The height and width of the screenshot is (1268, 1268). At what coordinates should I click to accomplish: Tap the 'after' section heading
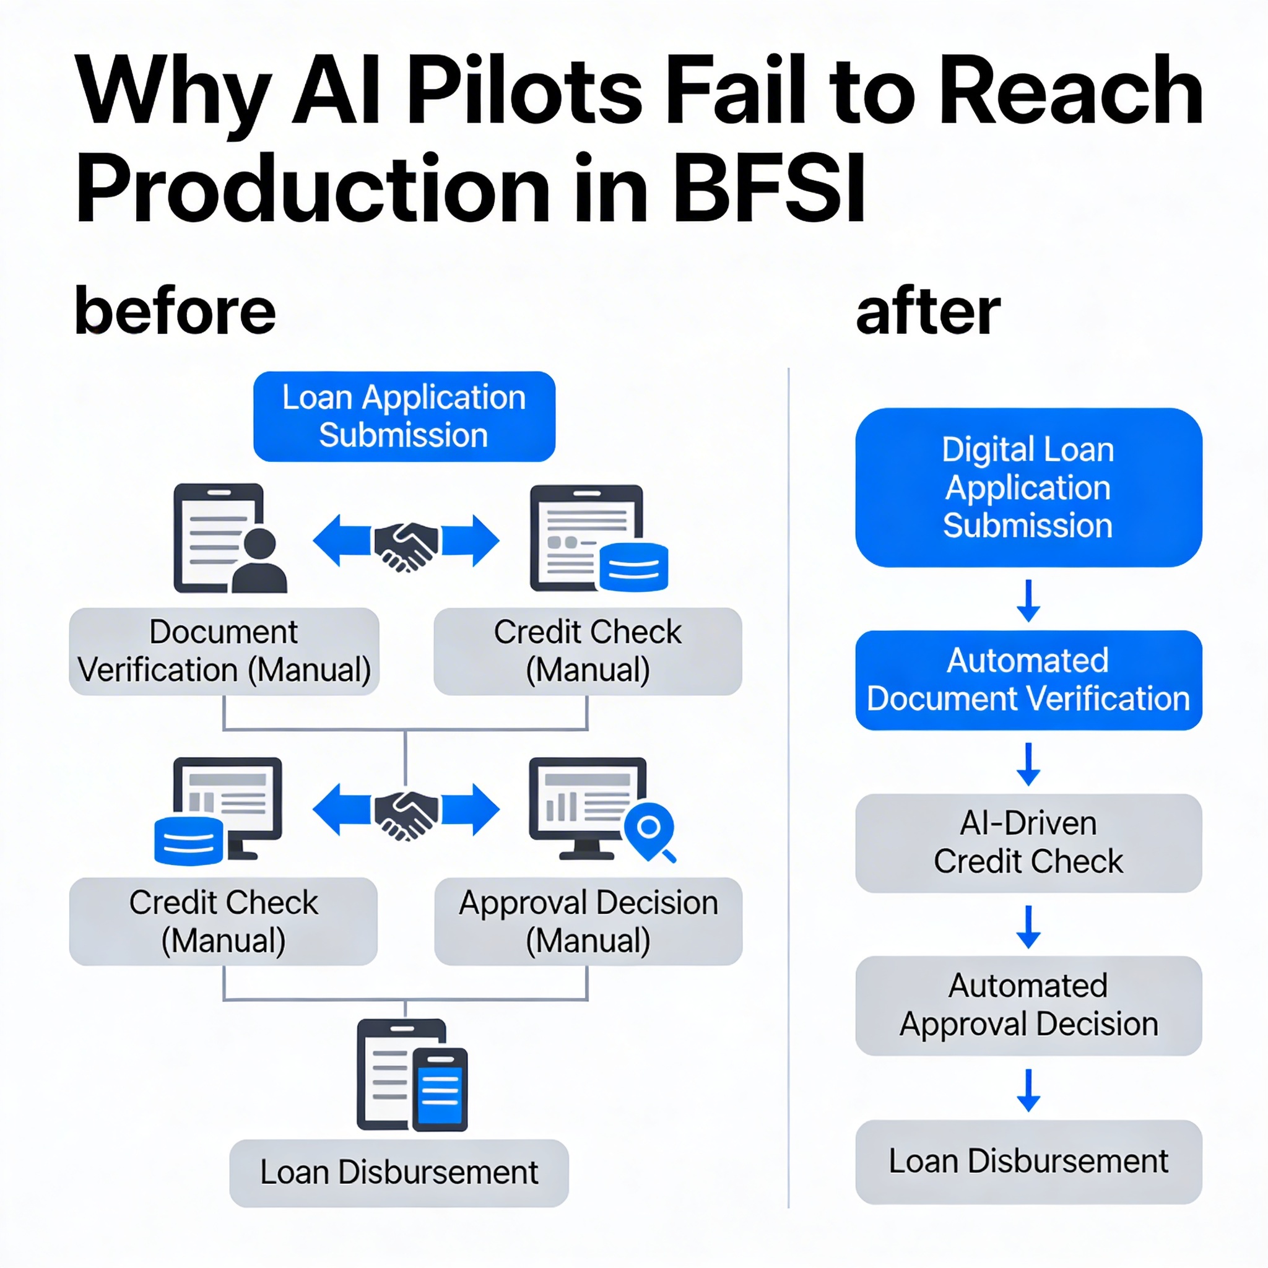pyautogui.click(x=927, y=313)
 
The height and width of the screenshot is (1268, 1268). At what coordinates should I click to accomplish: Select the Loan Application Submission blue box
pyautogui.click(x=404, y=417)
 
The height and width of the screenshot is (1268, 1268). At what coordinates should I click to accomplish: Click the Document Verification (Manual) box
pyautogui.click(x=224, y=651)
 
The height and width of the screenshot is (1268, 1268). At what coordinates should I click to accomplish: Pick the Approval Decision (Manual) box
pyautogui.click(x=588, y=921)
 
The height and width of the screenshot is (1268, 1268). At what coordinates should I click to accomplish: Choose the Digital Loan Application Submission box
pyautogui.click(x=1028, y=488)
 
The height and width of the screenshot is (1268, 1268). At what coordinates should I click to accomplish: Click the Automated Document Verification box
pyautogui.click(x=1028, y=680)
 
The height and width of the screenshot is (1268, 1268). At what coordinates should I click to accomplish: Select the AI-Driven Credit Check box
pyautogui.click(x=1028, y=843)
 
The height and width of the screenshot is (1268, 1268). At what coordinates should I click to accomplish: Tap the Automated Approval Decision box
pyautogui.click(x=1028, y=1005)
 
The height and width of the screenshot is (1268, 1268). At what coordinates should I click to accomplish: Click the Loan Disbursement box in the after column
pyautogui.click(x=1028, y=1161)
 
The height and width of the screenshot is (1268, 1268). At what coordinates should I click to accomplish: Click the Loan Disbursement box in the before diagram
pyautogui.click(x=399, y=1173)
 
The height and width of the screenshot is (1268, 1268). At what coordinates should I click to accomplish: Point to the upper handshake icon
pyautogui.click(x=406, y=547)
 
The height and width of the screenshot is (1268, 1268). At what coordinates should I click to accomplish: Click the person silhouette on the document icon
pyautogui.click(x=259, y=562)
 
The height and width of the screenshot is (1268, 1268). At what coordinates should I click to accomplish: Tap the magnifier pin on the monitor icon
pyautogui.click(x=649, y=831)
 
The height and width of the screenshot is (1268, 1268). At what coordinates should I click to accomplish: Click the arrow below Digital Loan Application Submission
pyautogui.click(x=1028, y=600)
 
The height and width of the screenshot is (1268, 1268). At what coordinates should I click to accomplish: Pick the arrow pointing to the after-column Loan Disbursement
pyautogui.click(x=1028, y=1090)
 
